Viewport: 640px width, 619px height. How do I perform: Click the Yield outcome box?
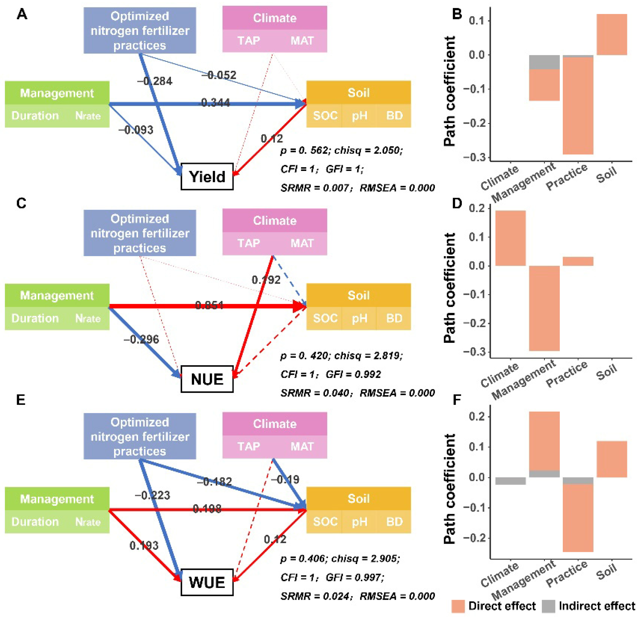(207, 177)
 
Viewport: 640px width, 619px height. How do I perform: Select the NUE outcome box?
(207, 379)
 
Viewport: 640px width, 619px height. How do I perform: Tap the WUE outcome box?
(207, 582)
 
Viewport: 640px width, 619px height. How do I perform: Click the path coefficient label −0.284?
(155, 81)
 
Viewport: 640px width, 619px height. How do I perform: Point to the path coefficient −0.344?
(214, 103)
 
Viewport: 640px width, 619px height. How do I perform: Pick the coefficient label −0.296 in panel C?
(141, 339)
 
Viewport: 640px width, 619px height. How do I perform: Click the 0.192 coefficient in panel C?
(266, 280)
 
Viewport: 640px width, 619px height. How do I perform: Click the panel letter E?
(21, 400)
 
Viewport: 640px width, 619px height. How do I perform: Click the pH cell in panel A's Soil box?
(359, 115)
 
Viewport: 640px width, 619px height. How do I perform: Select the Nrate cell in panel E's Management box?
(88, 522)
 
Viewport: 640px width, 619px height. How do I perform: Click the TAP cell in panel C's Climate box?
(249, 243)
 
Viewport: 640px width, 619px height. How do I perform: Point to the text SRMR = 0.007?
(314, 188)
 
